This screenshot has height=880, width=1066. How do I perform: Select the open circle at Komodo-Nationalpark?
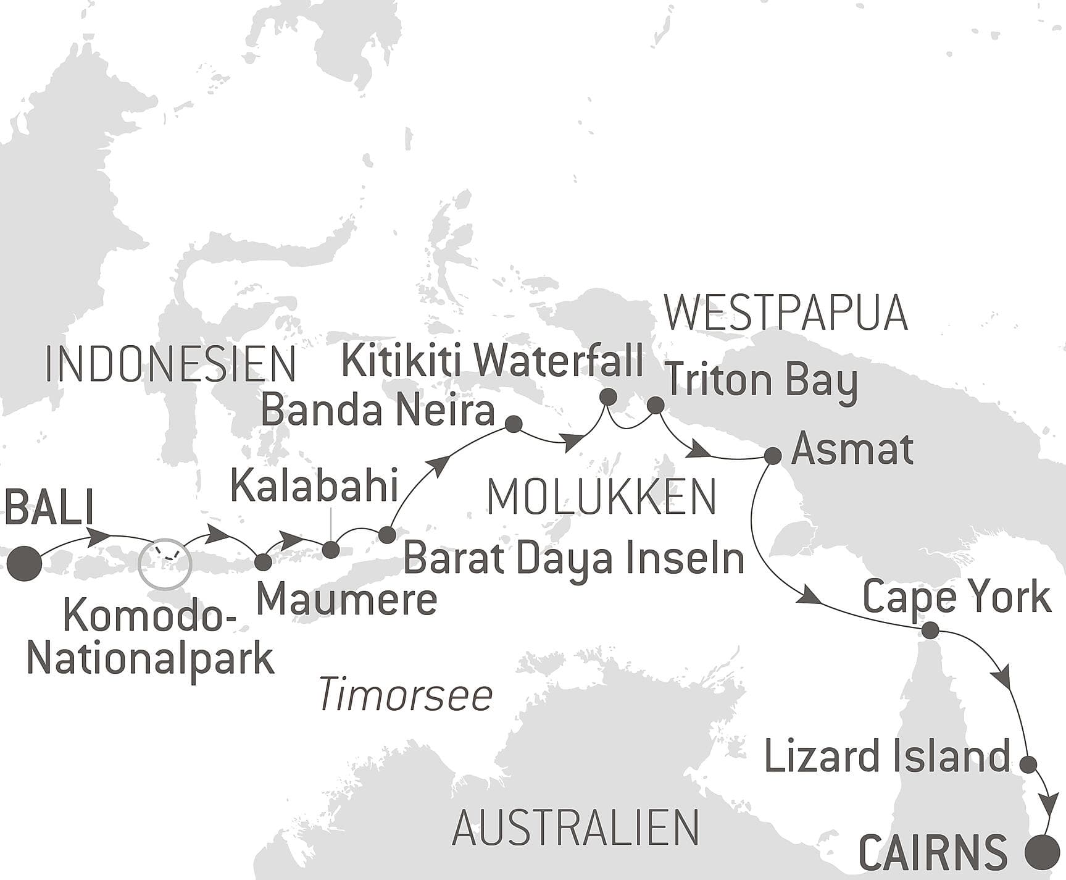(x=165, y=563)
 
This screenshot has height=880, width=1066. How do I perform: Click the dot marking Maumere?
(x=263, y=562)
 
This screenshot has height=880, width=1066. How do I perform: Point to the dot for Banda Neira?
(x=514, y=424)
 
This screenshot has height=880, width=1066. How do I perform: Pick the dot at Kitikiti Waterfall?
(x=608, y=396)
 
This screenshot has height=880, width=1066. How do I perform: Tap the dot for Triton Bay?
(x=656, y=405)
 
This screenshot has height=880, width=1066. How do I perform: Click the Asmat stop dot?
(x=773, y=456)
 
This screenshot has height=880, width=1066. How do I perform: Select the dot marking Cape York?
(x=930, y=631)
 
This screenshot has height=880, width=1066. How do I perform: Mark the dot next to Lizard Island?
(x=1028, y=765)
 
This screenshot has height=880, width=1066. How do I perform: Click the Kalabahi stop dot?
(x=331, y=550)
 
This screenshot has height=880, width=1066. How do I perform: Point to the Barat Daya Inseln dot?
(x=386, y=534)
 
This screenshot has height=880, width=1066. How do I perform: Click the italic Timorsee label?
(x=406, y=695)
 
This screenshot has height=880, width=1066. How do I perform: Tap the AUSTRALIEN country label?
(x=576, y=828)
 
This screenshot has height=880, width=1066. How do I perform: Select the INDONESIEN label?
(x=170, y=364)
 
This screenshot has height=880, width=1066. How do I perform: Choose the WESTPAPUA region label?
(x=785, y=313)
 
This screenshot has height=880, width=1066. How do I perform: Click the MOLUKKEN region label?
(x=602, y=497)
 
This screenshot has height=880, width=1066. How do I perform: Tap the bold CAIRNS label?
(x=933, y=853)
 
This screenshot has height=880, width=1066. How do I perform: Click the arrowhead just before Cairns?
(x=1047, y=805)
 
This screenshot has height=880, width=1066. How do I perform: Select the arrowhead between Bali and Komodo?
(x=99, y=536)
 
